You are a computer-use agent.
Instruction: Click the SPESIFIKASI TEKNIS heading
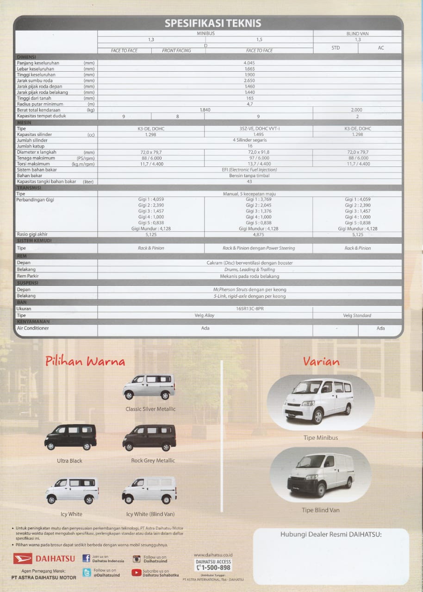click(x=213, y=23)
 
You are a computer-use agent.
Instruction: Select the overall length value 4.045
click(x=250, y=62)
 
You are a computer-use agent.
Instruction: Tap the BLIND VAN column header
click(x=357, y=33)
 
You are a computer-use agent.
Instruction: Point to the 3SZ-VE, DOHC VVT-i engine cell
click(x=259, y=129)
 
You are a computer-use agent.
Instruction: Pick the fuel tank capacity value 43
click(x=250, y=182)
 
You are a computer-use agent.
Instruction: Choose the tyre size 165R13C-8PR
click(x=250, y=308)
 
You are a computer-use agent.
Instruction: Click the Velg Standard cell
click(x=357, y=315)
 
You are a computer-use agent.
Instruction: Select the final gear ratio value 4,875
click(x=259, y=234)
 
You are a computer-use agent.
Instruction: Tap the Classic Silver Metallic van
click(x=149, y=387)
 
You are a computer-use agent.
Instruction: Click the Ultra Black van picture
click(x=70, y=437)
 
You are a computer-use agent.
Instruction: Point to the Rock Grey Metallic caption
click(x=153, y=461)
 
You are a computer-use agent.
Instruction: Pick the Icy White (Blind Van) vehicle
click(x=149, y=490)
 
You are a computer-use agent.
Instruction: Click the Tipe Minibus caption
click(x=320, y=438)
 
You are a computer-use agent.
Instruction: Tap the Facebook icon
click(x=87, y=558)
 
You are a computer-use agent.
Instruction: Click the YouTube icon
click(x=136, y=573)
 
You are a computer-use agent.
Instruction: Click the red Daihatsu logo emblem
click(x=22, y=558)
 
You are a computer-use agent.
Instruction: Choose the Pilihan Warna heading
click(x=85, y=361)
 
